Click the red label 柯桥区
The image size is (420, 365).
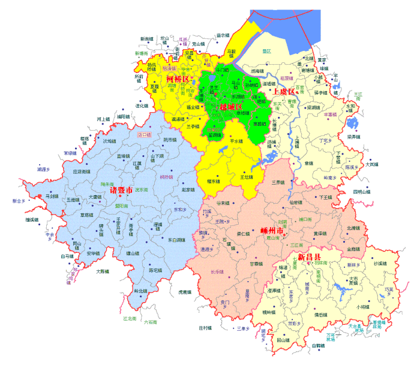(177, 79)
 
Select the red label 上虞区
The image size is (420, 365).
(284, 92)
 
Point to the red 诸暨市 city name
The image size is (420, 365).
(121, 190)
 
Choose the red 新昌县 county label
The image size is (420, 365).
(305, 256)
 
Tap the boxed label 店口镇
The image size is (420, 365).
(145, 135)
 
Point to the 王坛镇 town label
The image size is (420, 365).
(247, 177)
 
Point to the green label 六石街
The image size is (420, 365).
(151, 322)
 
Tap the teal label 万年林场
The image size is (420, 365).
(331, 336)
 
